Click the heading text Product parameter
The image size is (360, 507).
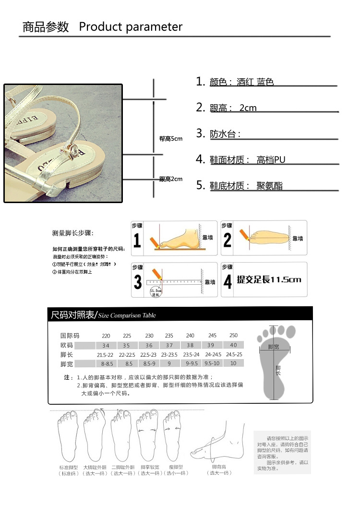pos(131,27)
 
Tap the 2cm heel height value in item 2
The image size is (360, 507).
pos(248,108)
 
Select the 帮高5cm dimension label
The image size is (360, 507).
pos(171,139)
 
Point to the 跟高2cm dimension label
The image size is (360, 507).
pos(171,179)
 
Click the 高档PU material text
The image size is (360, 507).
pos(271,160)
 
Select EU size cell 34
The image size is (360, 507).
pos(106,346)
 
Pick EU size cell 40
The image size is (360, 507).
pos(233,346)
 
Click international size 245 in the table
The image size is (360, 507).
pos(212,336)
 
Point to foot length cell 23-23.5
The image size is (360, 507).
pos(169,355)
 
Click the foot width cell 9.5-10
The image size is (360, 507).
pos(212,363)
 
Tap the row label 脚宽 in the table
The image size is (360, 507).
pos(66,363)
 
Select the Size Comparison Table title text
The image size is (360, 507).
pos(127,315)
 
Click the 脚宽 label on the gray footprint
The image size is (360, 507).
pos(274,347)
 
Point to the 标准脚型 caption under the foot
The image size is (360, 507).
pos(69,467)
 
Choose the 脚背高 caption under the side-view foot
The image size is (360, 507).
pos(219,467)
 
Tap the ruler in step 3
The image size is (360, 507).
pos(175,282)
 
